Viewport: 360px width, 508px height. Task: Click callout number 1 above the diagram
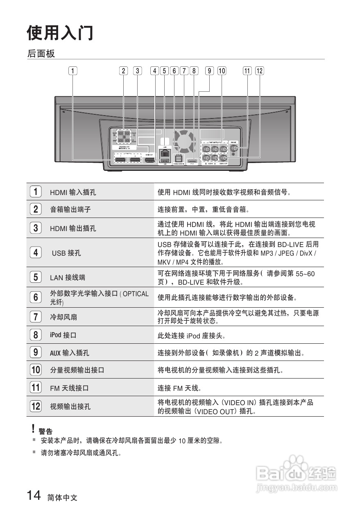point(72,70)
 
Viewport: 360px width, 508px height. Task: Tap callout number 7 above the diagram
point(184,70)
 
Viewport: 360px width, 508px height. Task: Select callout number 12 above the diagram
point(260,70)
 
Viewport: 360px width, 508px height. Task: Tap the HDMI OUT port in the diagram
point(150,161)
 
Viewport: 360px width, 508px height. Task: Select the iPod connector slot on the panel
point(192,161)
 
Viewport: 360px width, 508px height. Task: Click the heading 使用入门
point(60,33)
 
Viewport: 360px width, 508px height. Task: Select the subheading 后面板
point(41,54)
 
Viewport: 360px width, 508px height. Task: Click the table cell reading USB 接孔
point(66,253)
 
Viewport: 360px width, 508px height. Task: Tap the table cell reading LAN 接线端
point(68,277)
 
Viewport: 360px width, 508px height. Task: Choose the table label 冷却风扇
point(63,317)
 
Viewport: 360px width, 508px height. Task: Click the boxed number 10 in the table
point(36,370)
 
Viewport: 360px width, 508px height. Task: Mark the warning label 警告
point(45,431)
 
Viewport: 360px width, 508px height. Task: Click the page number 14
point(34,496)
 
